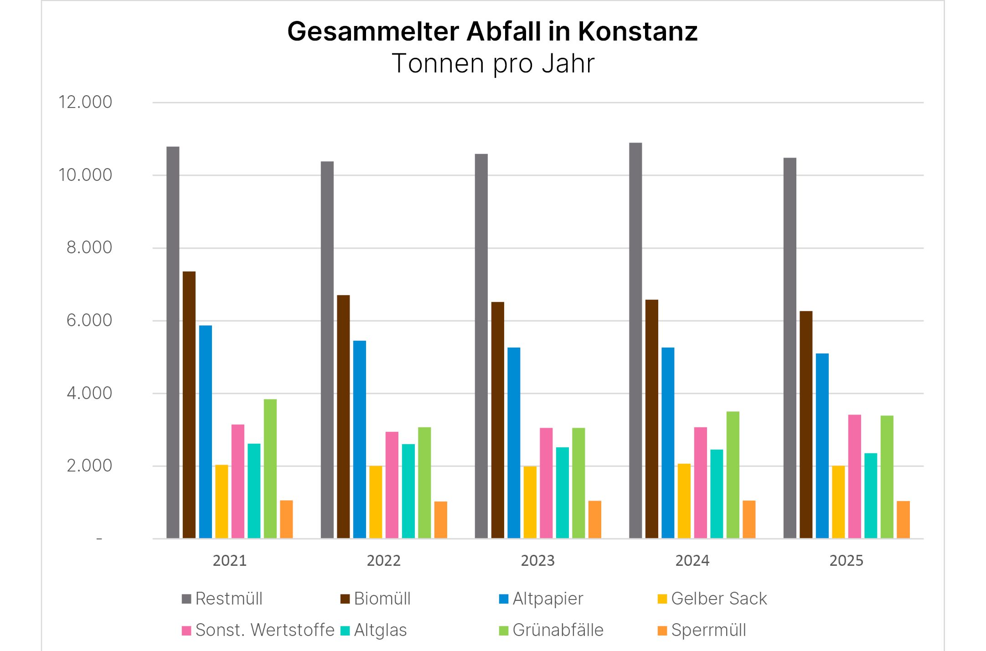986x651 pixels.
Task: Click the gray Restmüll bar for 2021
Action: [173, 342]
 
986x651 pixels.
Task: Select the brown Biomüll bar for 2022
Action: [343, 416]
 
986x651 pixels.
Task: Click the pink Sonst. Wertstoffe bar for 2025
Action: [854, 477]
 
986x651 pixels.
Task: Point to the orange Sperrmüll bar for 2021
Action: [286, 519]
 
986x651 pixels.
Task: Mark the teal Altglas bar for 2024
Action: [717, 494]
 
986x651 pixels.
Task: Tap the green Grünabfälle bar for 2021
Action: [270, 469]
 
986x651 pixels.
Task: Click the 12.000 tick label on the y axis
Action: [85, 102]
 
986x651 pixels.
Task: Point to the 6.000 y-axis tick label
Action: [89, 320]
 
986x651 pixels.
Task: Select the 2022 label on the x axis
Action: [383, 560]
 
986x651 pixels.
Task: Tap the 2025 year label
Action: [846, 560]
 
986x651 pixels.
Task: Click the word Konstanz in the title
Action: [638, 31]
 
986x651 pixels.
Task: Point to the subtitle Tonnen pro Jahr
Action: [493, 63]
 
